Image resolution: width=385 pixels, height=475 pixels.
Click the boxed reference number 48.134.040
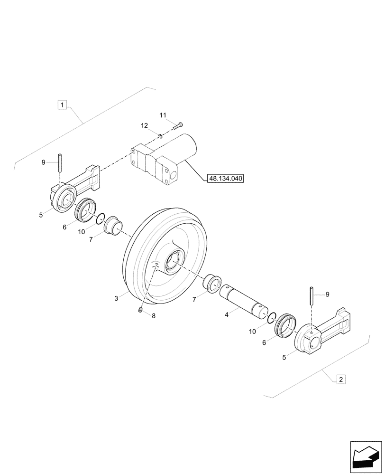tap(225, 179)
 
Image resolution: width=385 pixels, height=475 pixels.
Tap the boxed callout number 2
tap(340, 379)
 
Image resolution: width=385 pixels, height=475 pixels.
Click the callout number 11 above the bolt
tap(163, 115)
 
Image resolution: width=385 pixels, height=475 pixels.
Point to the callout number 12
tap(145, 125)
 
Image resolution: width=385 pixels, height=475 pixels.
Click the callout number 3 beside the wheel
tap(116, 298)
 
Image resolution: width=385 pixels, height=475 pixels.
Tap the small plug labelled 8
tap(141, 310)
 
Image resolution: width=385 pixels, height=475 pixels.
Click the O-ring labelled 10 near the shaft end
tap(272, 318)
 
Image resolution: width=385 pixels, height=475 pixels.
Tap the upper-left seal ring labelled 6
tap(85, 211)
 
